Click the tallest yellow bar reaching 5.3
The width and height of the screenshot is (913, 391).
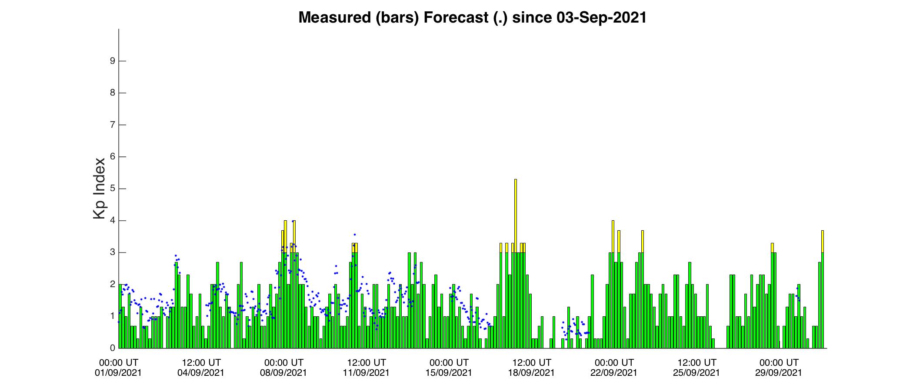(516, 263)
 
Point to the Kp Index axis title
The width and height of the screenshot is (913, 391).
(99, 188)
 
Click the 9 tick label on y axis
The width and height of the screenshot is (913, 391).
(113, 61)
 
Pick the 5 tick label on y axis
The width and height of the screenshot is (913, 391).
(113, 189)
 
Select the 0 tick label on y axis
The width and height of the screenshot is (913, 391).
(113, 348)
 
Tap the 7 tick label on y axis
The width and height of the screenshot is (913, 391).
(113, 125)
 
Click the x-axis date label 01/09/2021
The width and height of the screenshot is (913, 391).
(118, 373)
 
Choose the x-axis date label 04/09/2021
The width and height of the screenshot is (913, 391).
(201, 373)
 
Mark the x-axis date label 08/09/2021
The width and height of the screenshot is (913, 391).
(283, 373)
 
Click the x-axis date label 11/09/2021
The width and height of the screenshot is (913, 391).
(366, 373)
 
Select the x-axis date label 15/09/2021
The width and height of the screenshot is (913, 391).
(449, 373)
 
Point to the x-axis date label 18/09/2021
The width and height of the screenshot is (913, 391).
(531, 373)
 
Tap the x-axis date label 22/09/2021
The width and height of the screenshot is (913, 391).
(614, 373)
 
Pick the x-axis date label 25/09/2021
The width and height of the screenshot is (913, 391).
(696, 373)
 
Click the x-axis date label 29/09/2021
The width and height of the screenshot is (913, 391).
(779, 373)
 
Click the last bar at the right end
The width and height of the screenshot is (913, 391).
(823, 289)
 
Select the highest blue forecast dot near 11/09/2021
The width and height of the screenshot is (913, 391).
(355, 235)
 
